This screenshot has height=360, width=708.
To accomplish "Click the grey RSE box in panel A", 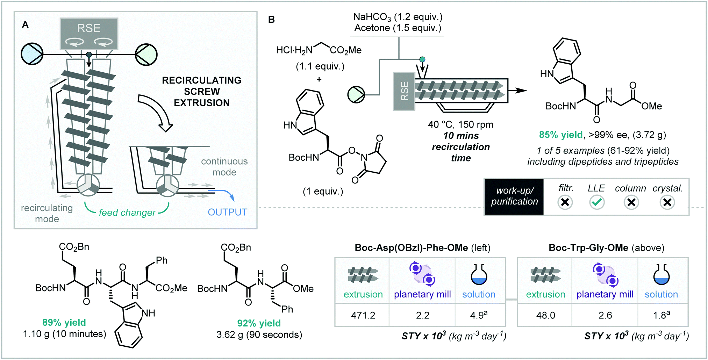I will coord(89,34).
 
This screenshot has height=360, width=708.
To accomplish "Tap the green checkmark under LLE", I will coord(596,202).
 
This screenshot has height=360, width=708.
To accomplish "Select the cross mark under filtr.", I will coord(565,202).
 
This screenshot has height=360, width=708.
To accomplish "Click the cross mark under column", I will coord(631,202).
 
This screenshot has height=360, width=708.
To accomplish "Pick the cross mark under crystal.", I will coord(667,202).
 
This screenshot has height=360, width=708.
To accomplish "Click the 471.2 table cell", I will coord(363,315).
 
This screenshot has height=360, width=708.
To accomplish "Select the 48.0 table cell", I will coord(545,315).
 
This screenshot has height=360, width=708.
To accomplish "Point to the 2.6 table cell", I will coord(605,315).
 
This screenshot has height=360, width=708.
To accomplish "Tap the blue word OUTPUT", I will coord(227,212).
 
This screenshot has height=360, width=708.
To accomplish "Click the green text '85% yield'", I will coord(560,135).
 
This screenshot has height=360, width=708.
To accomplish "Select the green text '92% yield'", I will coord(259,323).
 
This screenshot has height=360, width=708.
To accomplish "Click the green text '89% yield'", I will coord(64,323).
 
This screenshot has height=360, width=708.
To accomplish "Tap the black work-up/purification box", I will coord(514,196).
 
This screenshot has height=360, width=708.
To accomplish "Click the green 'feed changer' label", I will coord(127,213).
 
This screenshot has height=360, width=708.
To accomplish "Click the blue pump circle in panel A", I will coord(32,54).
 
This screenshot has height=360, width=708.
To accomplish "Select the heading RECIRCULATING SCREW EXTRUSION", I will coord(202,92).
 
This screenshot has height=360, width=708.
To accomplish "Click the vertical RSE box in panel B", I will coord(404,91).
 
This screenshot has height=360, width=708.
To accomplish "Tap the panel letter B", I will coord(272,20).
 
